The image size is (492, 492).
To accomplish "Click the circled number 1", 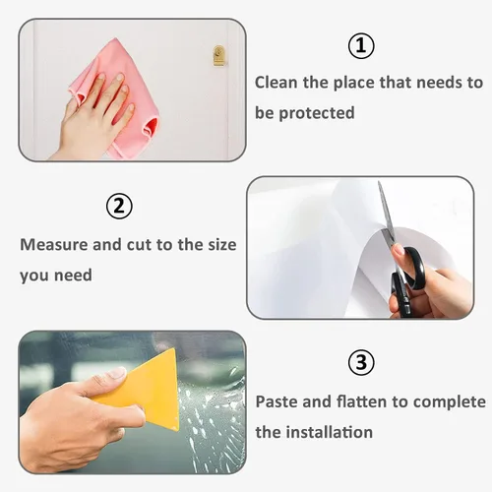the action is pos(361,46).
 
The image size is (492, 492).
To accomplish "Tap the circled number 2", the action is pos(119,207).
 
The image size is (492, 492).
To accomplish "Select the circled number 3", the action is pos(361,363).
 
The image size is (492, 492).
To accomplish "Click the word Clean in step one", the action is pos(277,82).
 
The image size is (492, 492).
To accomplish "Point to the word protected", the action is pos(317,113).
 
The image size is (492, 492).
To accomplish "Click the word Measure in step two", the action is pos(54,245).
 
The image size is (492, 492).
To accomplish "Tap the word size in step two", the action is pos(222,245).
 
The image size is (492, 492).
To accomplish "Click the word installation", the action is pos(330,432).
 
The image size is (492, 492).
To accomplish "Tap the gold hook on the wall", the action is pos(218,55).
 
